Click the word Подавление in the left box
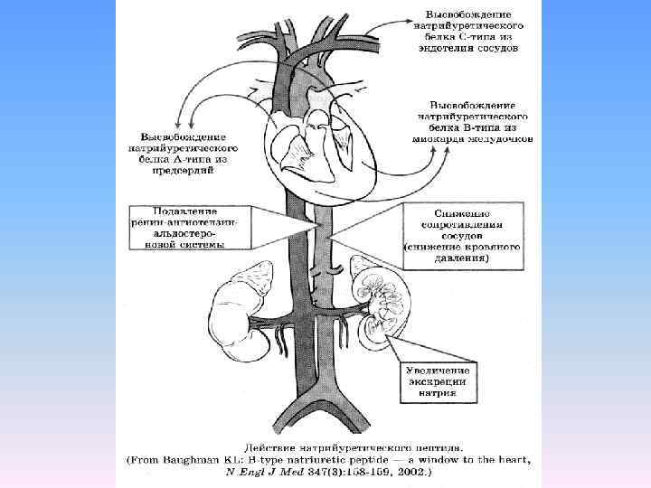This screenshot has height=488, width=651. tap(183, 211)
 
